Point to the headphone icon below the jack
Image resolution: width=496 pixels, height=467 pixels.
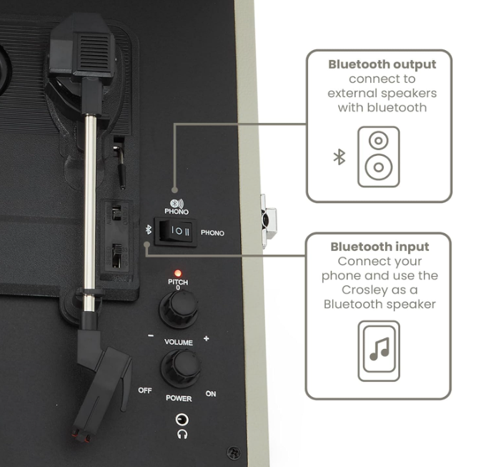click(182, 433)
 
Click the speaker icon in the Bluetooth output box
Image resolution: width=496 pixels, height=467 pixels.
click(378, 157)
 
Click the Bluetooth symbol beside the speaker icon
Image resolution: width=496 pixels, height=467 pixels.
click(339, 157)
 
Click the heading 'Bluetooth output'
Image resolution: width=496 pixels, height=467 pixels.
click(382, 64)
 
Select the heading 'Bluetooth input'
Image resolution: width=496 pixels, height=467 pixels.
click(380, 247)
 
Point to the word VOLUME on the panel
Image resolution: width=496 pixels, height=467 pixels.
click(178, 343)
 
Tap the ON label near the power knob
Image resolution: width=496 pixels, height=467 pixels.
click(211, 393)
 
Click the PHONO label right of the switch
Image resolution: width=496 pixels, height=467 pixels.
click(212, 232)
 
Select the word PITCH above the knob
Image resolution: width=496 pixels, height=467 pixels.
click(177, 281)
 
